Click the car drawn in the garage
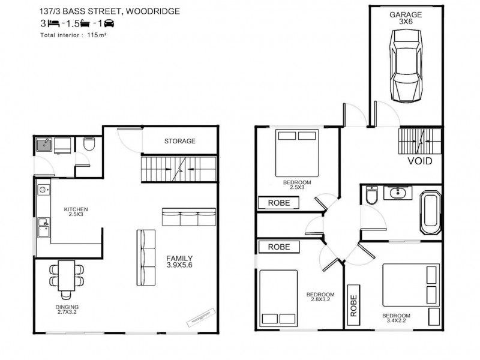coord(406,65)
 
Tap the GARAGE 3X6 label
coord(406,18)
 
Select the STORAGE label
coord(179,141)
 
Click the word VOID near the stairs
coord(419,161)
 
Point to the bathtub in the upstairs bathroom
coord(430,213)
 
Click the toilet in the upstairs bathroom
coord(372,195)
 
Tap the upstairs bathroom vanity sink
coord(398,193)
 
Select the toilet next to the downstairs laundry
coord(89,144)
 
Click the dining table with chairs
coord(67,279)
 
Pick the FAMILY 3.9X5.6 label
coord(179,262)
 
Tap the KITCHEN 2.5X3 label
coord(76,212)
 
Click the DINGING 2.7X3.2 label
coord(67,310)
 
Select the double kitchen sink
coord(43,227)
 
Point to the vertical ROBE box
coord(353,305)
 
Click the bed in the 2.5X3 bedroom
coord(297,153)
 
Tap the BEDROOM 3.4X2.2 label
coord(396,318)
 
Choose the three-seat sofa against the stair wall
coord(188,217)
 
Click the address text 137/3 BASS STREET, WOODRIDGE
coord(110,11)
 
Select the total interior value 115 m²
coord(97,35)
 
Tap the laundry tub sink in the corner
coord(44,145)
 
